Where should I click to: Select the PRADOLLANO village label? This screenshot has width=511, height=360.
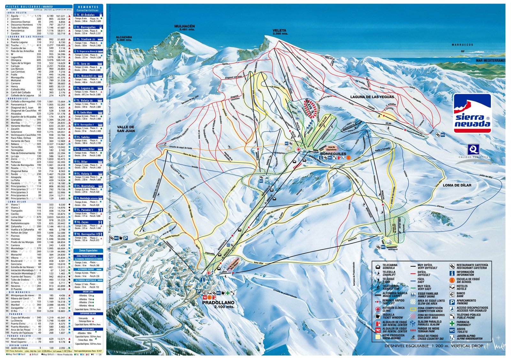218,303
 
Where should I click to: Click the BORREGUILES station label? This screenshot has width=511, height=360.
333,154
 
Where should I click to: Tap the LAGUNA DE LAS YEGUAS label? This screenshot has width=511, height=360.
372,97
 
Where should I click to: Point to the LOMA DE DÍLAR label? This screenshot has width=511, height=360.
457,185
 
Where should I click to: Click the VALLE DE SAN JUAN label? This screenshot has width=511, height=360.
126,129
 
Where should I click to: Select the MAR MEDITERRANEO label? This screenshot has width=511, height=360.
490,60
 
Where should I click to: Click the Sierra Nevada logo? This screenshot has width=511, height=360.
472,113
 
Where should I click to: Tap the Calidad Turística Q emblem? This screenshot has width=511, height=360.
473,149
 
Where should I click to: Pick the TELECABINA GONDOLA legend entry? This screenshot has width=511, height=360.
390,266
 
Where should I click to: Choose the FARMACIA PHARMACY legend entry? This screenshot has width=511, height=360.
463,323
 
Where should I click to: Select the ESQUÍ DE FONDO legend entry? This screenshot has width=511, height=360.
427,337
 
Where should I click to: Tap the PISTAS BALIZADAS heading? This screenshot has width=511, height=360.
29,6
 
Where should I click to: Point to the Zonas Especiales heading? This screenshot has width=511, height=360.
88,250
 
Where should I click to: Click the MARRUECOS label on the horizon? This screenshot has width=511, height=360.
462,45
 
